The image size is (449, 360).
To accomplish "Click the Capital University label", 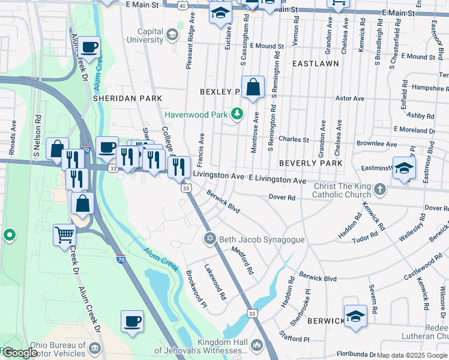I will pos(142,35).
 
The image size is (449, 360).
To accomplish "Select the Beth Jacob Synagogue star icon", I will pos(209,239).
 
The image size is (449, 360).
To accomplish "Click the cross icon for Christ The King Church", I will pos(379,190).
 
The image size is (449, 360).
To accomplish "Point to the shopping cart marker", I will pos(64,235).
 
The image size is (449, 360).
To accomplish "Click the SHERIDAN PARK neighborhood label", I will pos(127,98).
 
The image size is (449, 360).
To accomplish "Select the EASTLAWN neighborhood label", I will pos(316,63).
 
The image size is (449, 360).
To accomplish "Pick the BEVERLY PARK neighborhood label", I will pos(311,163).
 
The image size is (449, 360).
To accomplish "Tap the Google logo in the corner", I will pos(20,353).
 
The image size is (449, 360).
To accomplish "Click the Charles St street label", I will pos(294,139).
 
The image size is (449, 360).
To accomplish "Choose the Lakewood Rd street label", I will pos(215,282).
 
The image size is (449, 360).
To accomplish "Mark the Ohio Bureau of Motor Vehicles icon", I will pos(95,349).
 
